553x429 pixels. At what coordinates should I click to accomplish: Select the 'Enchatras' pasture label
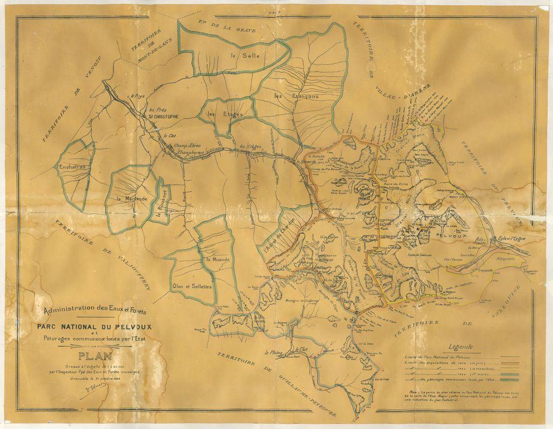pyautogui.click(x=73, y=167)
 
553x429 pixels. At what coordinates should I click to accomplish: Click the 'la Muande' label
pyautogui.click(x=217, y=259)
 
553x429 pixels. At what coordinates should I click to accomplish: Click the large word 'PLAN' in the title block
pyautogui.click(x=95, y=356)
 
